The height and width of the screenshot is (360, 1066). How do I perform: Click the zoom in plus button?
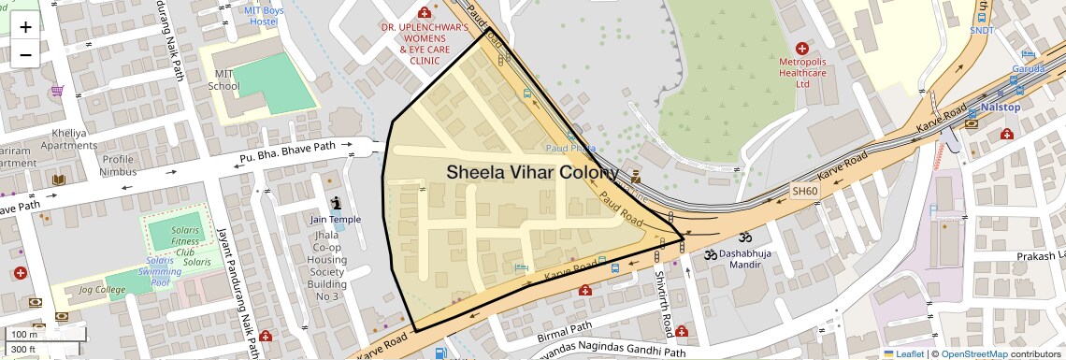[25, 26]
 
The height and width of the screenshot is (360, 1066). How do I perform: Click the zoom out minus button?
[25, 54]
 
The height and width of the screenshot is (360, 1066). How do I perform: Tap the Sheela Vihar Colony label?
[532, 173]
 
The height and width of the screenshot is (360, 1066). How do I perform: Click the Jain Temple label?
[335, 220]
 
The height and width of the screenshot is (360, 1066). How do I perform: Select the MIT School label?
[223, 79]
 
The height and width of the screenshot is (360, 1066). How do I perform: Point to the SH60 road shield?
[804, 191]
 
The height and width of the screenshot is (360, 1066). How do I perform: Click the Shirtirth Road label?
[662, 305]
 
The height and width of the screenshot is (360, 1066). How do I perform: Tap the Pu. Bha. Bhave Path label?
[287, 151]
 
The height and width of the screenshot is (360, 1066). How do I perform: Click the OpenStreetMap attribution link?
[973, 353]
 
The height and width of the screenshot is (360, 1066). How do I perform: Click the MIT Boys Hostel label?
[263, 15]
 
